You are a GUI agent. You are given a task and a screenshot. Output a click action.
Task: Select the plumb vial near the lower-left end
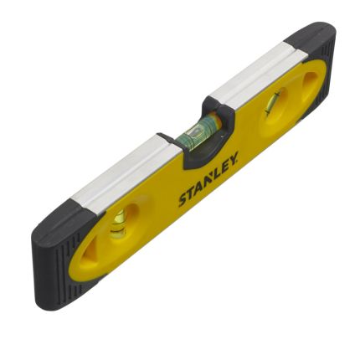click(x=120, y=219)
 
